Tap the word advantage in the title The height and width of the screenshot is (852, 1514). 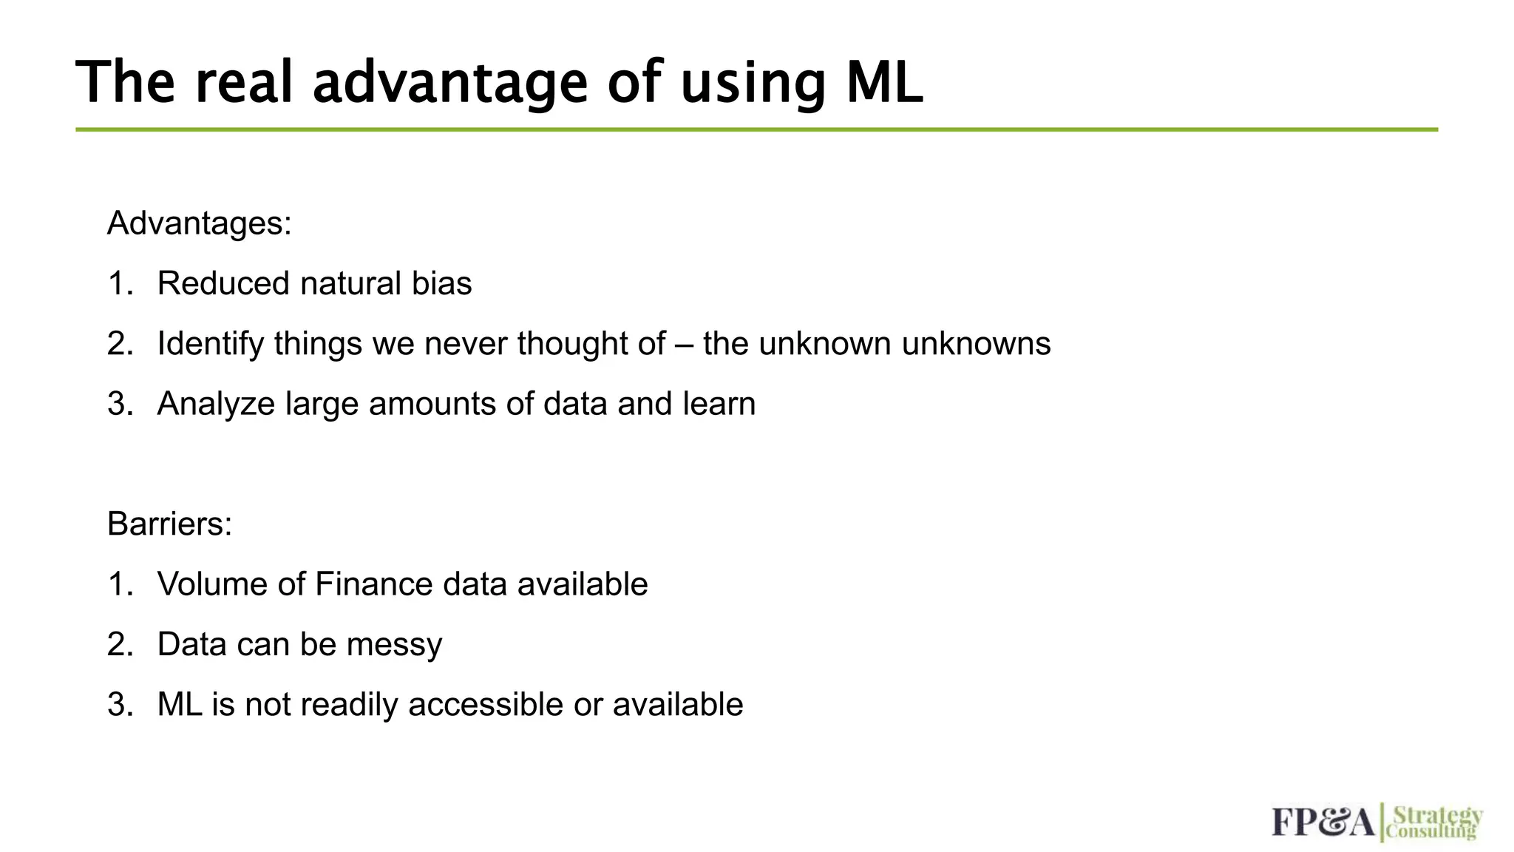[449, 83]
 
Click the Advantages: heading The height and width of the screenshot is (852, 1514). [200, 223]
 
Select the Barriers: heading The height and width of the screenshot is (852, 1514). [170, 524]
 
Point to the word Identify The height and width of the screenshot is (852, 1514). [211, 345]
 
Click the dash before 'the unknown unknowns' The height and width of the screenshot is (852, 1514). [685, 345]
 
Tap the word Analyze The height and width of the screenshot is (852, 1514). [216, 405]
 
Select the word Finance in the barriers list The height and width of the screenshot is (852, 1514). [373, 585]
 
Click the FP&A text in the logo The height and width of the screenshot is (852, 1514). [1323, 822]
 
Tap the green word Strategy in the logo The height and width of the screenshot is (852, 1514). [1437, 815]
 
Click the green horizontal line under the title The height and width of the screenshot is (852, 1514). [757, 130]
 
